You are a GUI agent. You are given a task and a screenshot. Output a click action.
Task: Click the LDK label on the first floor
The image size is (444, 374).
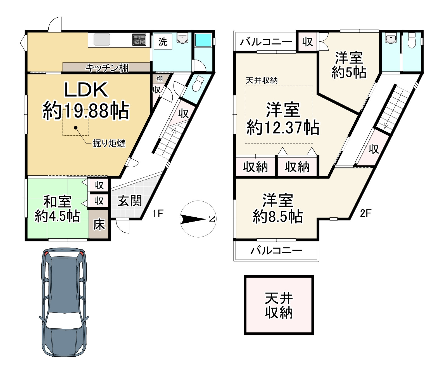coord(86,90)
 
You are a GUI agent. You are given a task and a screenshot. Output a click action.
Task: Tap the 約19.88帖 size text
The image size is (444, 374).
coord(86,111)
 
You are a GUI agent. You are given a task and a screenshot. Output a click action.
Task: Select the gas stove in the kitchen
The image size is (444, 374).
coord(139,40)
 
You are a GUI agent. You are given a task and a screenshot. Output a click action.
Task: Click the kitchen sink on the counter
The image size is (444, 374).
coord(102,40)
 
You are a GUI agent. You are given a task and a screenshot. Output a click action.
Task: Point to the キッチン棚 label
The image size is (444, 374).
coord(106,67)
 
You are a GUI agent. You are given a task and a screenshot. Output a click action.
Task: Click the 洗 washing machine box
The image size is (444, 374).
coord(163,42)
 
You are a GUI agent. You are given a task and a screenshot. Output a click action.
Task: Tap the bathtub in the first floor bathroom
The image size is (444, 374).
coord(203,40)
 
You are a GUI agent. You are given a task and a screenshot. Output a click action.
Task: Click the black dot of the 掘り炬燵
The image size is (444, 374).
coord(75,128)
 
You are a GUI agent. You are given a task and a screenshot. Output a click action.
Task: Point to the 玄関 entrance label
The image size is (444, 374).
coord(129,201)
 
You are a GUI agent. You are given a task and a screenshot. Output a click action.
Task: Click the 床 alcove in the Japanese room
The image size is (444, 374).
coord(99,224)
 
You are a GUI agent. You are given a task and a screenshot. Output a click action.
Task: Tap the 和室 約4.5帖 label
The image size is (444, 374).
coord(57,209)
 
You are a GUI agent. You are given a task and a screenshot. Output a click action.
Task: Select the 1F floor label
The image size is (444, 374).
coord(158,214)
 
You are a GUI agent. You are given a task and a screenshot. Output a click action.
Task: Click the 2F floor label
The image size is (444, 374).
coord(365,213)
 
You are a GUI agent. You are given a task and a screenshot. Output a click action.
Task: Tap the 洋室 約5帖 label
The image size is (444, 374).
coord(348,65)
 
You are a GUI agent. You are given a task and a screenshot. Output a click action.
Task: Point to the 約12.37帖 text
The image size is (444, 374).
coord(283,128)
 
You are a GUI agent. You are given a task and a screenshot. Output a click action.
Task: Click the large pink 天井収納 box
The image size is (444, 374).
coord(279,305)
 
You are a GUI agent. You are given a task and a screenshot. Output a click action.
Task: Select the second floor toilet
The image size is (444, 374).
coord(412,41)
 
